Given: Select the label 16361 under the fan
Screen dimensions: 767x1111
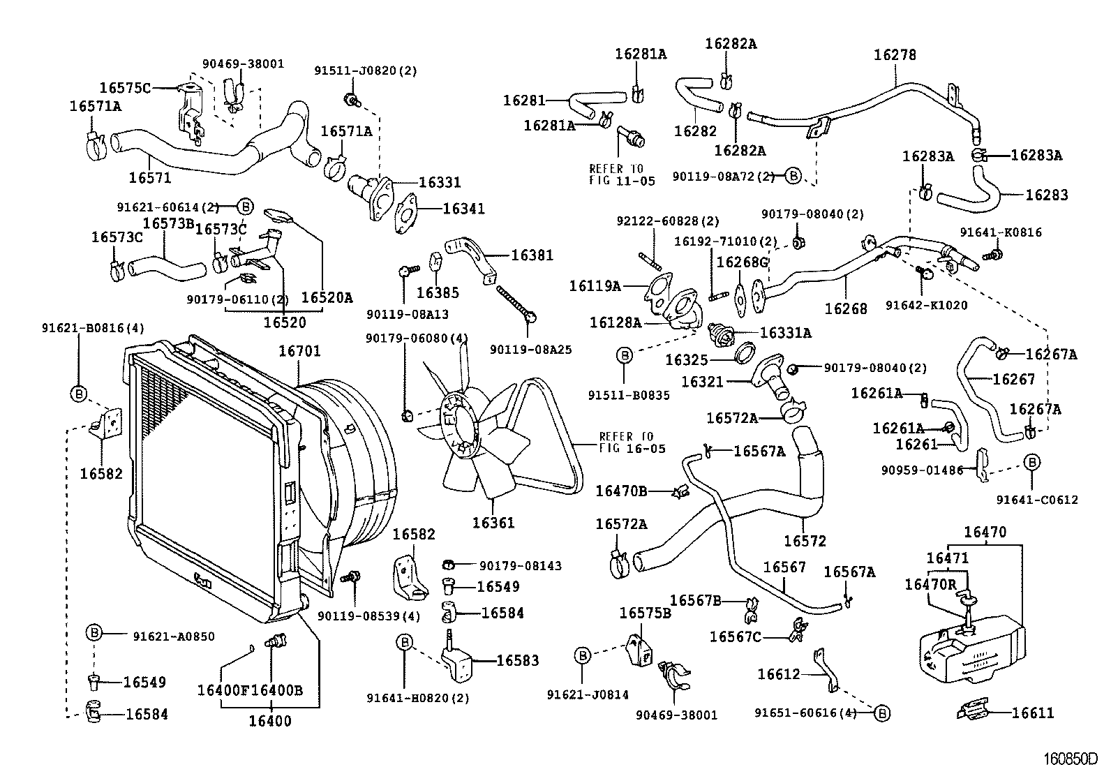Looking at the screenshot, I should point(493,522).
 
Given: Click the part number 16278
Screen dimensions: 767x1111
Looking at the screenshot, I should point(895,55).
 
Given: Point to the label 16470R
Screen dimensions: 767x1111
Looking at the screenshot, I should point(930,584).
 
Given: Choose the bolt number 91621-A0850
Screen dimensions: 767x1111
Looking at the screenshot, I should point(174,636).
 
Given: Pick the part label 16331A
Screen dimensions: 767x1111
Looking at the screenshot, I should point(785,334).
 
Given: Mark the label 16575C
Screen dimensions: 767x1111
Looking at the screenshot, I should point(125,88).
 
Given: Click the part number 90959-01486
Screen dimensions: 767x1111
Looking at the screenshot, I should point(922,470).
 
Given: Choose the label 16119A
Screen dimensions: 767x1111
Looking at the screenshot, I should point(595,285).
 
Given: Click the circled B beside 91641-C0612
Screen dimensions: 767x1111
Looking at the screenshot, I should point(1031,462).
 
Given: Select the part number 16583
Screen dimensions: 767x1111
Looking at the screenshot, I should point(517,660).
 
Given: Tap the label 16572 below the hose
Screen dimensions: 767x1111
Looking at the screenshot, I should point(805,540).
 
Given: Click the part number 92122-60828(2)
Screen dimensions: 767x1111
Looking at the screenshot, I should point(667,221).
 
